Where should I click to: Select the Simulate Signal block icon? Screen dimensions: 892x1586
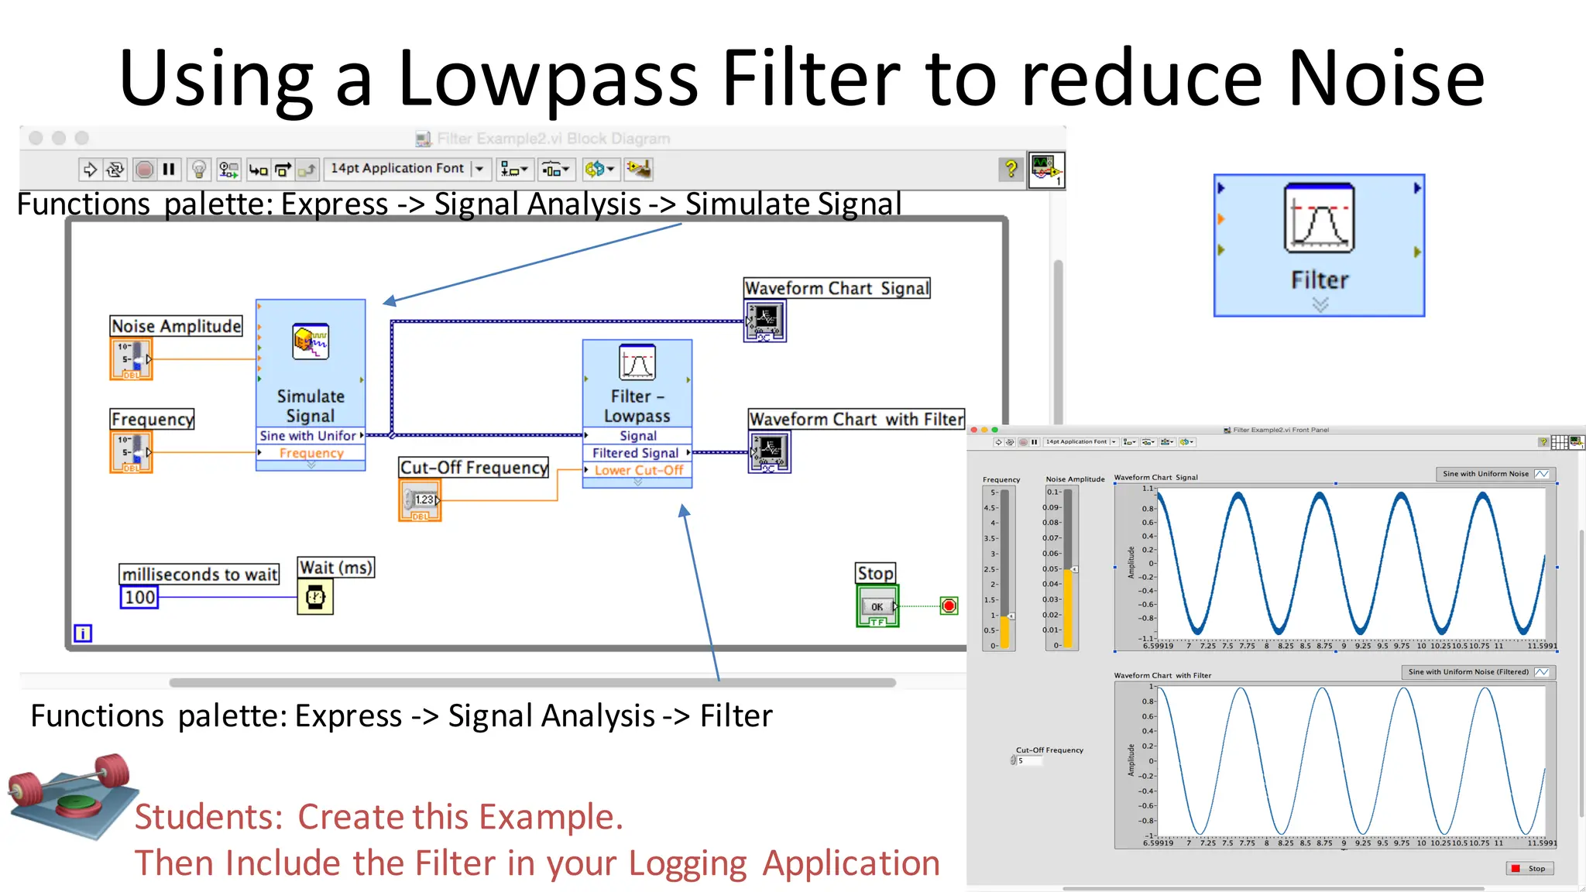(311, 341)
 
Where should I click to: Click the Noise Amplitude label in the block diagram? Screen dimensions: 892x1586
(176, 326)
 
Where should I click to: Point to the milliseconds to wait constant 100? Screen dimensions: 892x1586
(139, 597)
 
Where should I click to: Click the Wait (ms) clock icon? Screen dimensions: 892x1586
(315, 597)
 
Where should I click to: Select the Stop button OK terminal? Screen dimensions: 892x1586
(877, 606)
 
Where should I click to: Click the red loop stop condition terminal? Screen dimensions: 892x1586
(949, 606)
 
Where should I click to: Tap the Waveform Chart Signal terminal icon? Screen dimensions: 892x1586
(764, 321)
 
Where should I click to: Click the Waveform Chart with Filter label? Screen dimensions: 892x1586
(856, 419)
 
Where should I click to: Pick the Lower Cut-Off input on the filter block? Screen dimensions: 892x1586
(638, 470)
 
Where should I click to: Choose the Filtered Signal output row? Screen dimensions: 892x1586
(637, 453)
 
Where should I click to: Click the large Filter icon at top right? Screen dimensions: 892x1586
(1319, 245)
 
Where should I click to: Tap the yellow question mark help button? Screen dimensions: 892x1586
(1011, 168)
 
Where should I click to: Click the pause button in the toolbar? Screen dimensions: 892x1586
(169, 169)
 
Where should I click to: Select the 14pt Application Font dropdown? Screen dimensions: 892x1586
(406, 169)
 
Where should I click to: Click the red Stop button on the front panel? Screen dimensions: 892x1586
(1529, 868)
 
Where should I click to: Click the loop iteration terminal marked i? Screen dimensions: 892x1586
(83, 633)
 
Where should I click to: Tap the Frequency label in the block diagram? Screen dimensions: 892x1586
(153, 419)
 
